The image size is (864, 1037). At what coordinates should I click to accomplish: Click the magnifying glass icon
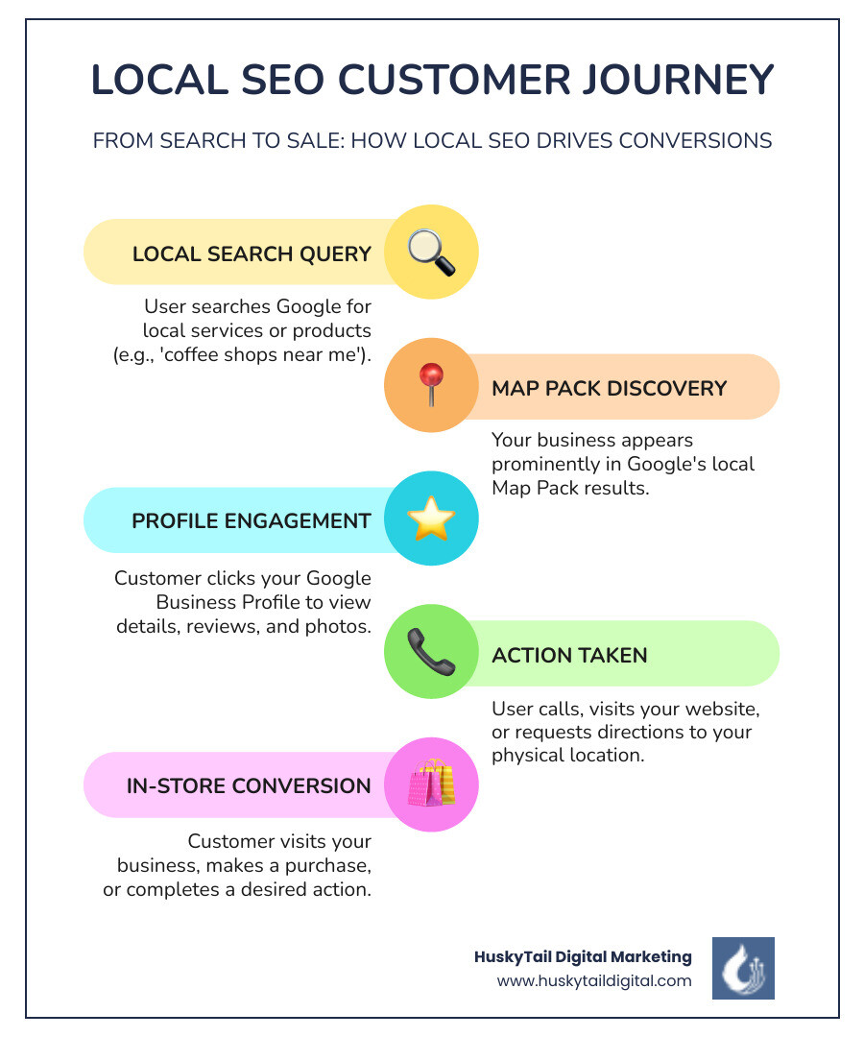430,253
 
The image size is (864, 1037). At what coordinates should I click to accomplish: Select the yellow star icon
430,519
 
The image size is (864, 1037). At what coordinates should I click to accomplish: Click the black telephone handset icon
430,653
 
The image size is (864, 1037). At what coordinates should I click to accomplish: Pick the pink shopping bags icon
430,784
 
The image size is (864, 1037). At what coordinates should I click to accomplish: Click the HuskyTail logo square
743,968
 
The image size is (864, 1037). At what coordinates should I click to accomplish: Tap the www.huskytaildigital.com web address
594,980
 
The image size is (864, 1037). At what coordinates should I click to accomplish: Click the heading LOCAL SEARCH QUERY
252,254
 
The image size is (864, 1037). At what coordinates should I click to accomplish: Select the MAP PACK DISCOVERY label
610,388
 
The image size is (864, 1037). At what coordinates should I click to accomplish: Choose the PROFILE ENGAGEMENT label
252,521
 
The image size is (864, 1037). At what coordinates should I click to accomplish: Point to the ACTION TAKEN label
569,655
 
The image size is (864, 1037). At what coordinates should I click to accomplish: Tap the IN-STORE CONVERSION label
249,786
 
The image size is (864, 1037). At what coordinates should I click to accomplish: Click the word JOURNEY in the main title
677,81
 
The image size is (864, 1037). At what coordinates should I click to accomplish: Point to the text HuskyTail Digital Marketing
583,956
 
